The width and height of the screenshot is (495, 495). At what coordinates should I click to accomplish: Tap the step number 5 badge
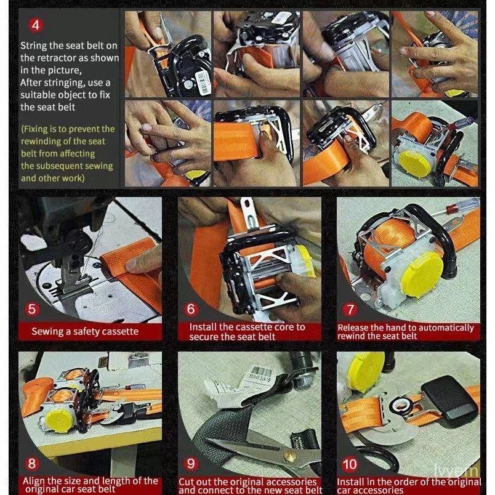click(31, 309)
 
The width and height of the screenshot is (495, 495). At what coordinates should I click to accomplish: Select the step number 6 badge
click(191, 309)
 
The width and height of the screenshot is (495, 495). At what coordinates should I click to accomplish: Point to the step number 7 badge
click(350, 309)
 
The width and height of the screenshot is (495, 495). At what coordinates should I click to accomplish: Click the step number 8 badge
click(31, 464)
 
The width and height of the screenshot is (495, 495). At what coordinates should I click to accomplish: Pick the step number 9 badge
click(191, 464)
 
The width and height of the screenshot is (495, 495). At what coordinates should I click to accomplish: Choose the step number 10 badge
click(350, 464)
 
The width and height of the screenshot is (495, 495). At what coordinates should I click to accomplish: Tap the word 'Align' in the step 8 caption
click(34, 481)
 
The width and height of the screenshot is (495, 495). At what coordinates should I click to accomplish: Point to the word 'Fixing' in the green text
click(39, 129)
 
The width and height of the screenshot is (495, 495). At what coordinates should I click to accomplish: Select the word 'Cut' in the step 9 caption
click(187, 482)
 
